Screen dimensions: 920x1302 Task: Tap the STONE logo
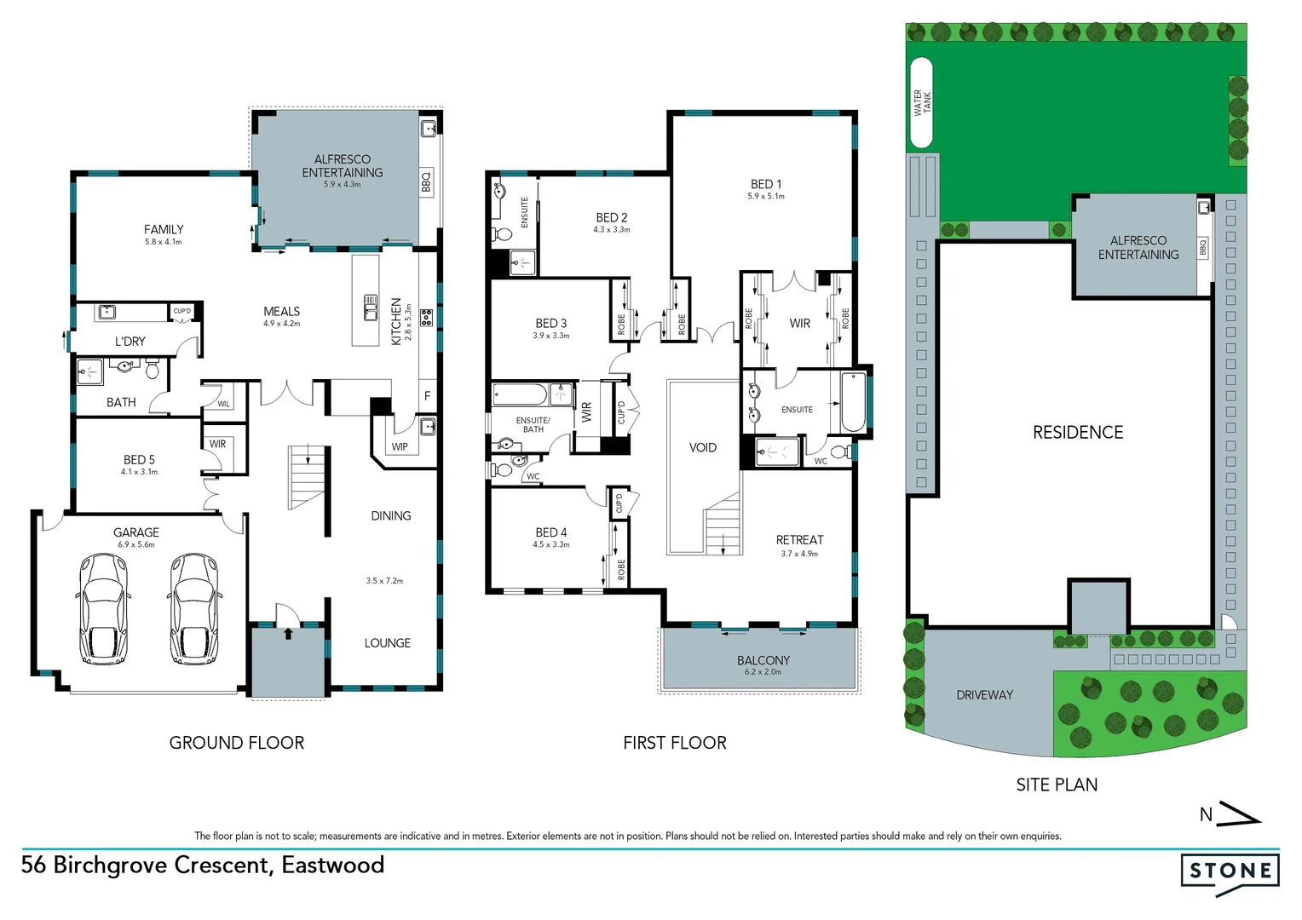[x=1230, y=871]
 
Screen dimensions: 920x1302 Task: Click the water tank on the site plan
[x=921, y=102]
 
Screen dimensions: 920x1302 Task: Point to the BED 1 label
[x=765, y=184]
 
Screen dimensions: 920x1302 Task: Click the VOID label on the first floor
[x=702, y=447]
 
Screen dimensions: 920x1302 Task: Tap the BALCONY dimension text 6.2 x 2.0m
[x=763, y=672]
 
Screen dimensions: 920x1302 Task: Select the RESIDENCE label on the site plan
[x=1077, y=433]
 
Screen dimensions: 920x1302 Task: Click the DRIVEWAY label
[x=984, y=695]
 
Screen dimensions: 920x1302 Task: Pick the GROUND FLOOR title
[x=236, y=743]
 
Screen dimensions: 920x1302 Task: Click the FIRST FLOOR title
[x=674, y=743]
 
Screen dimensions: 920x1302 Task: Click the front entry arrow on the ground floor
[x=288, y=633]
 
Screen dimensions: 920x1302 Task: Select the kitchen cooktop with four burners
[x=426, y=319]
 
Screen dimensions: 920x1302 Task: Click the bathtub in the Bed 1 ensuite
[x=852, y=402]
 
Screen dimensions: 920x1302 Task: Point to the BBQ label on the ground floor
[x=426, y=181]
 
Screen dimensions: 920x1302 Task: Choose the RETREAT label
[x=799, y=540]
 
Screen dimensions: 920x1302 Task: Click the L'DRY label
[x=130, y=342]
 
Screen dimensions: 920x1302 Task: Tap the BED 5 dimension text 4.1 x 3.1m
[x=139, y=472]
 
